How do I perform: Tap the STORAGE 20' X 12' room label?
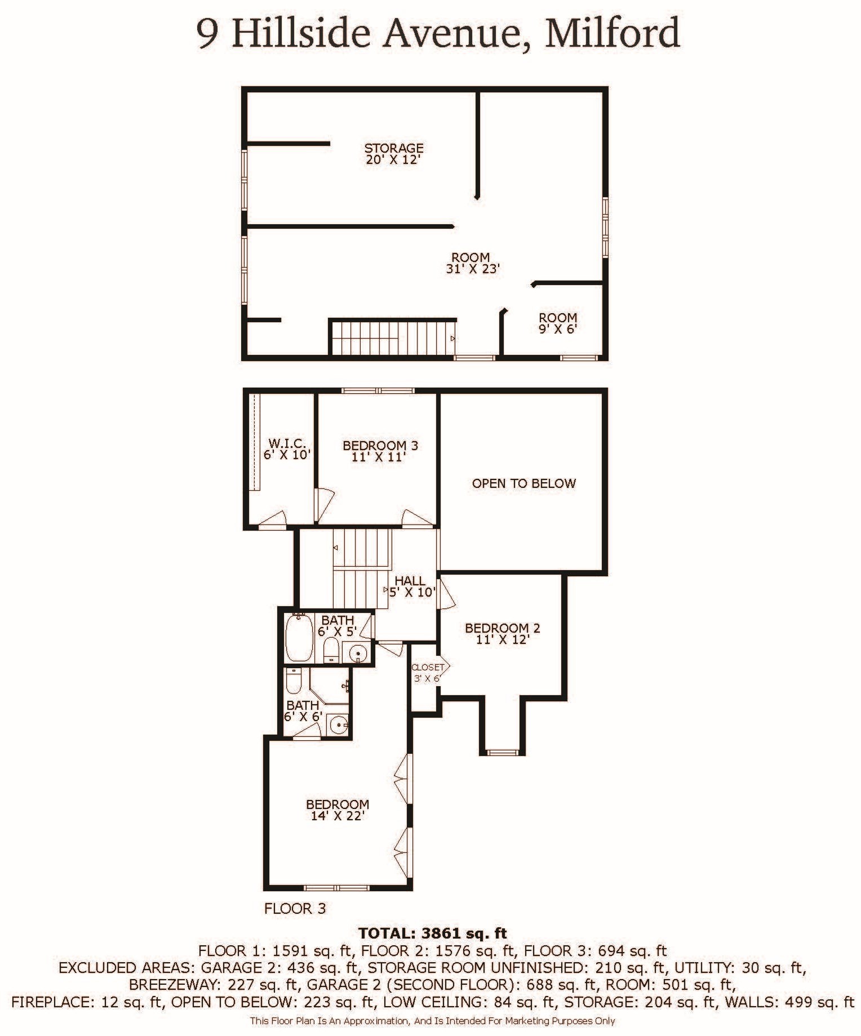[393, 153]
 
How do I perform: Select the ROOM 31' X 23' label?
[472, 263]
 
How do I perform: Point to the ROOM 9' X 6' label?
[558, 323]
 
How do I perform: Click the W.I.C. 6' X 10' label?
[287, 449]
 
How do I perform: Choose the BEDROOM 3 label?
[380, 451]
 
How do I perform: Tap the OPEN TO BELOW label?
[523, 483]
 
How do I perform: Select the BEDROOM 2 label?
[502, 633]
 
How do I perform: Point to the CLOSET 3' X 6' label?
[427, 673]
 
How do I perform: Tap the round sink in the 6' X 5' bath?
[358, 653]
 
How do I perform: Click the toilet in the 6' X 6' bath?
[294, 681]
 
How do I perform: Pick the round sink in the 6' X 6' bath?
[338, 724]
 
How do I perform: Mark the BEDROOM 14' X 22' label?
[338, 810]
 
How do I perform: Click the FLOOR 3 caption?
[295, 908]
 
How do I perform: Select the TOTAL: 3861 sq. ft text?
[433, 933]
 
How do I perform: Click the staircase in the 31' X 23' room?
[392, 337]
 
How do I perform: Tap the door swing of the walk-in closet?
[272, 519]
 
